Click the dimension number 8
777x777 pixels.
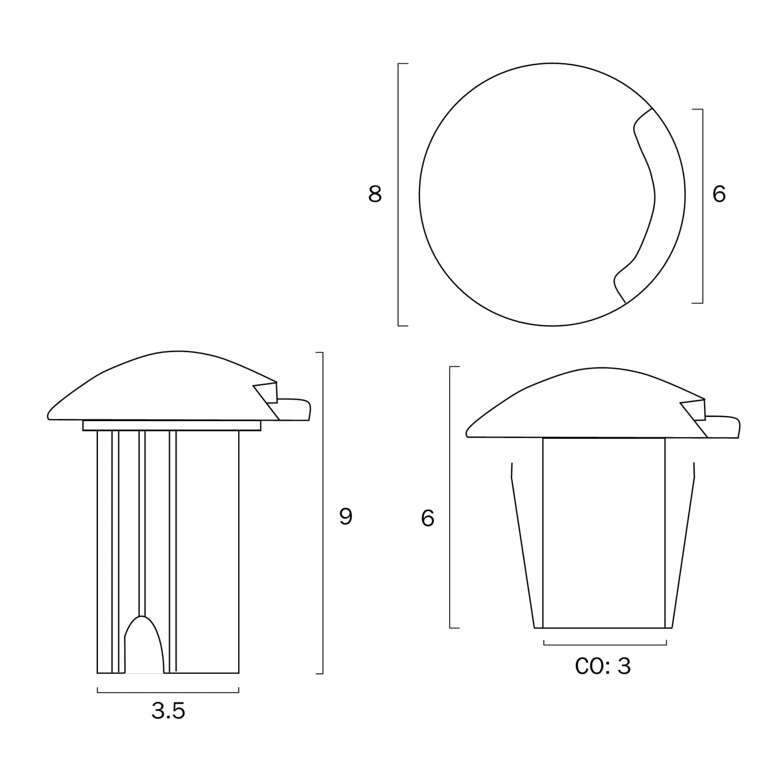click(x=375, y=194)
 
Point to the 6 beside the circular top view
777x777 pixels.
click(x=719, y=194)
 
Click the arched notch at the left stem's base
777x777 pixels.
click(x=144, y=627)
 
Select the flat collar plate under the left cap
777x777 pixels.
click(x=172, y=425)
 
